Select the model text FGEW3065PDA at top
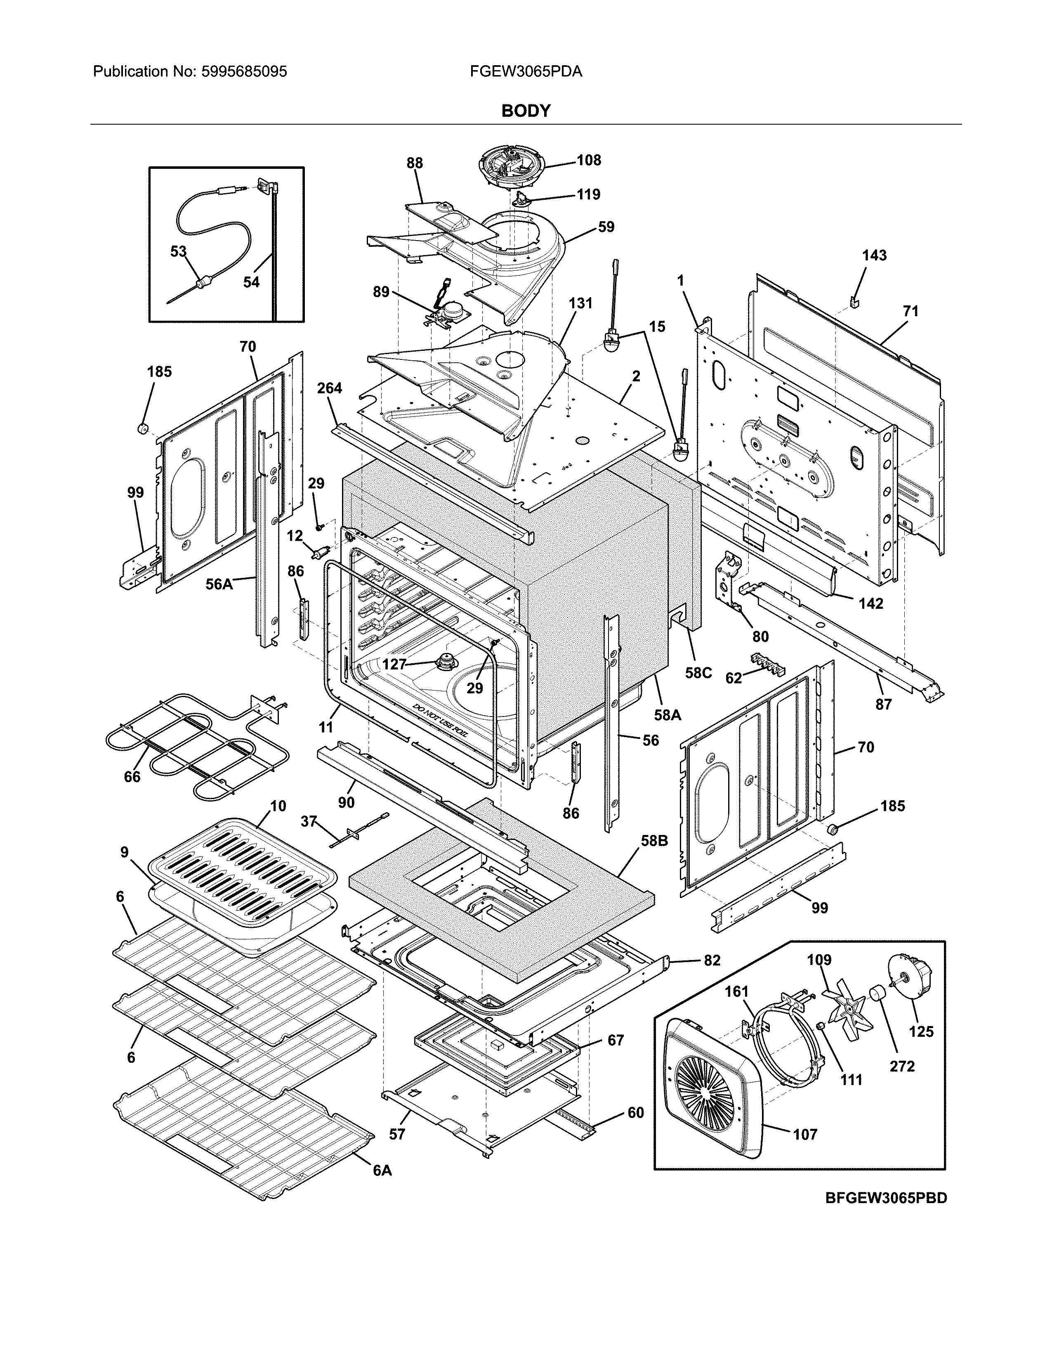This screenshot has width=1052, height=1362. (x=526, y=72)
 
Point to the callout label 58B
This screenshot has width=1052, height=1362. (x=654, y=841)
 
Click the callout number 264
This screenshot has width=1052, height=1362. (x=329, y=388)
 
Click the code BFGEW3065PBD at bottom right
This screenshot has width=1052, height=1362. (x=886, y=1198)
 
